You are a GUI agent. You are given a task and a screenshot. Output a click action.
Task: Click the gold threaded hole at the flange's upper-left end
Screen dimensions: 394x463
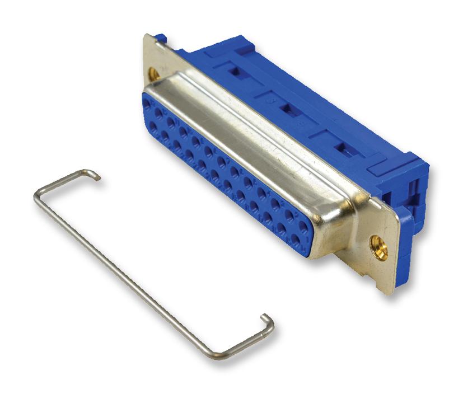pyautogui.click(x=152, y=73)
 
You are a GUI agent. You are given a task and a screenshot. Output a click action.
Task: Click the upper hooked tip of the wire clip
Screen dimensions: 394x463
pyautogui.click(x=99, y=178)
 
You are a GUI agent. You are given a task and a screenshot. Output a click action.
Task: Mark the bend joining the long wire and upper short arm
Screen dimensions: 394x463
pyautogui.click(x=37, y=194)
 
